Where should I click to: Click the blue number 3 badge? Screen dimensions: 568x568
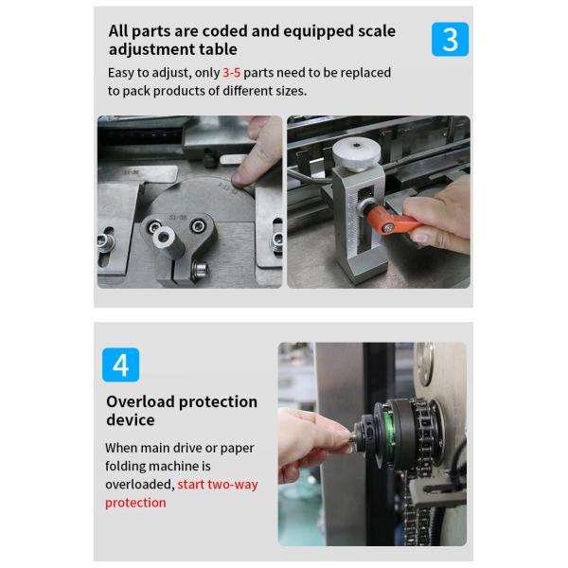450,39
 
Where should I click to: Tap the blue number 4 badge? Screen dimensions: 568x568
120,364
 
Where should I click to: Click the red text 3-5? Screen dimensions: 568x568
232,73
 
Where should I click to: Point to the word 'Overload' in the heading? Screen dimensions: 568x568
141,401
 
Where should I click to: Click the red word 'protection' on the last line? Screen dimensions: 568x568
135,503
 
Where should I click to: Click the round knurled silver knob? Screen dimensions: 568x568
357,153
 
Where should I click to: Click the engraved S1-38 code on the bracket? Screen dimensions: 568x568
178,218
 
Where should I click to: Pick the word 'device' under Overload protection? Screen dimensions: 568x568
131,420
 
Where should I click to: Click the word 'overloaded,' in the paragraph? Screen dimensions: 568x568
140,485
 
